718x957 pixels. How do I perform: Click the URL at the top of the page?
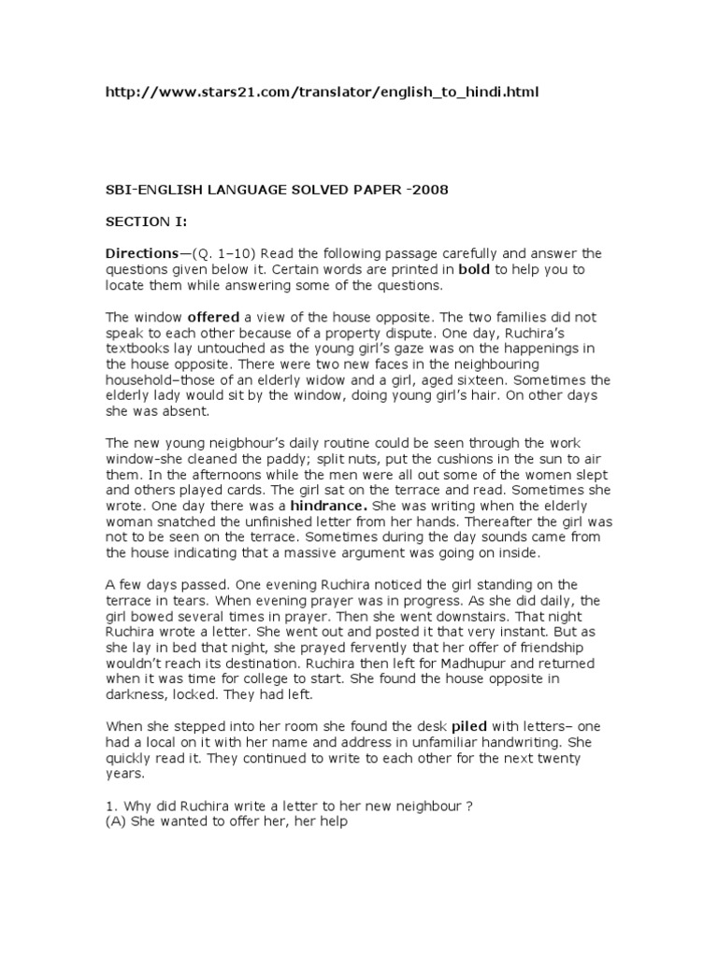(x=322, y=93)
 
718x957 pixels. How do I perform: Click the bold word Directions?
(x=141, y=253)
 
